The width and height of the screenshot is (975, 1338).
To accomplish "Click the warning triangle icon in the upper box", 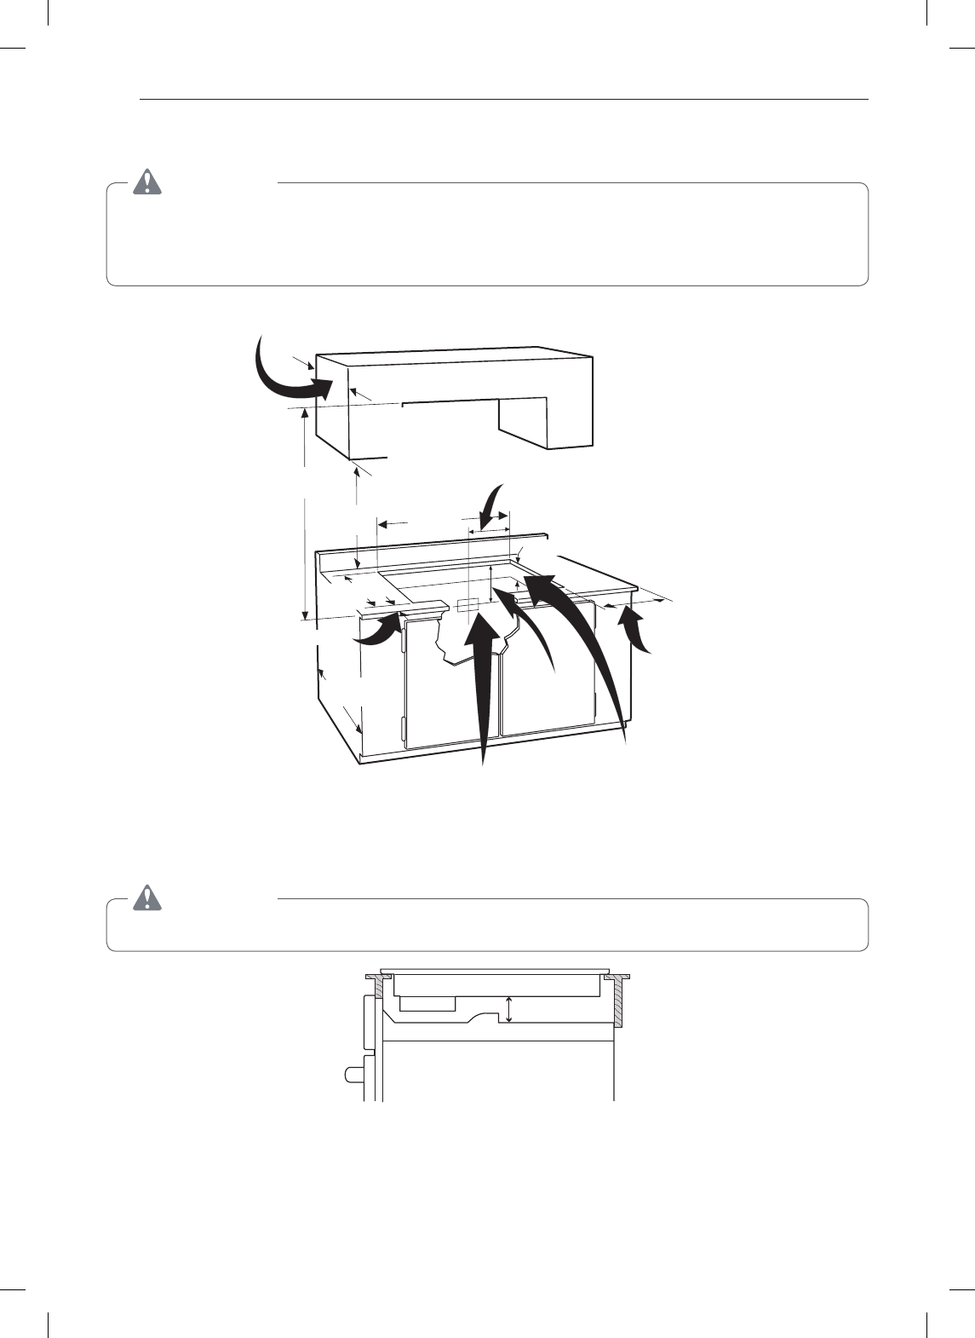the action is tap(148, 182).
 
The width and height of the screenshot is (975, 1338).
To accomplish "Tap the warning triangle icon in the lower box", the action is tap(148, 897).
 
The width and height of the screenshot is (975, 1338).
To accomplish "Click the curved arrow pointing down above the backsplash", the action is tap(490, 509).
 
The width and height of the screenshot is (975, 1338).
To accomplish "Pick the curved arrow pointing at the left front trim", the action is tap(379, 632).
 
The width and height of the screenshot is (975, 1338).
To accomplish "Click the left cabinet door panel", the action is tap(443, 699).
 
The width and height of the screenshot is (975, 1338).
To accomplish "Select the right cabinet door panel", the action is tap(549, 682).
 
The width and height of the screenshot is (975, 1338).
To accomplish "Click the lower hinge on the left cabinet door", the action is tap(403, 730).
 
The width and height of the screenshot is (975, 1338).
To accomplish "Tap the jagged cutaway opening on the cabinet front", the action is tap(473, 639).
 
